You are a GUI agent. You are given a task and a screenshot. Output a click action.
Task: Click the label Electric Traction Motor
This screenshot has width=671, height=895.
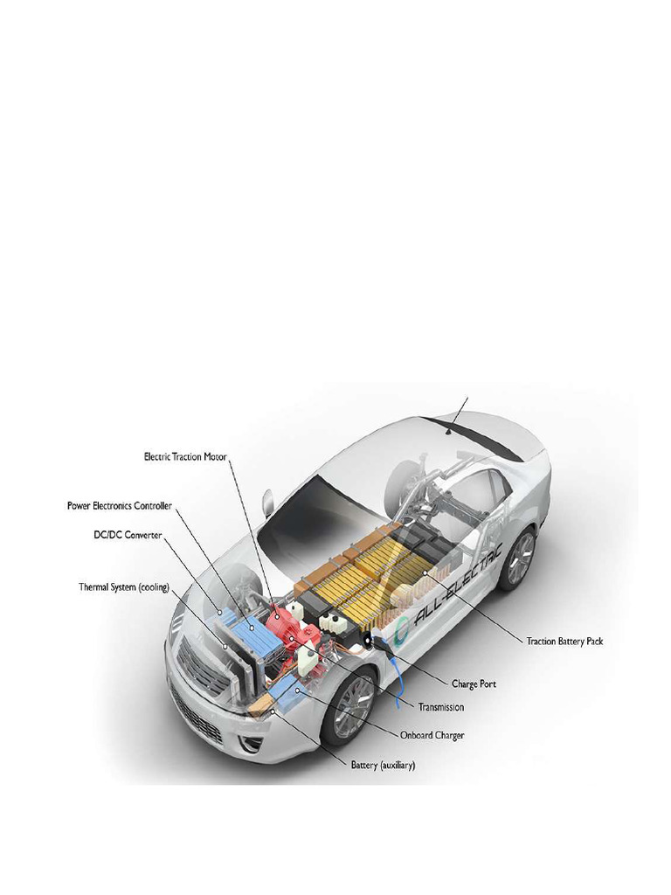[188, 456]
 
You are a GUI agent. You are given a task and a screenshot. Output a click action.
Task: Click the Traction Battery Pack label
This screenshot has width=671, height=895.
[564, 641]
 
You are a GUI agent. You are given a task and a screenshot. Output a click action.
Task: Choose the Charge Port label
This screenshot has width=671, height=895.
[474, 683]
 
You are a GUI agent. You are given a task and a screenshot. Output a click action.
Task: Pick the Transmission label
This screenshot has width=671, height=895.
[441, 706]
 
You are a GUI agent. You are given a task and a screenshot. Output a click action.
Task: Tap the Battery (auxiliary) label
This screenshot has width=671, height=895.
[383, 765]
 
